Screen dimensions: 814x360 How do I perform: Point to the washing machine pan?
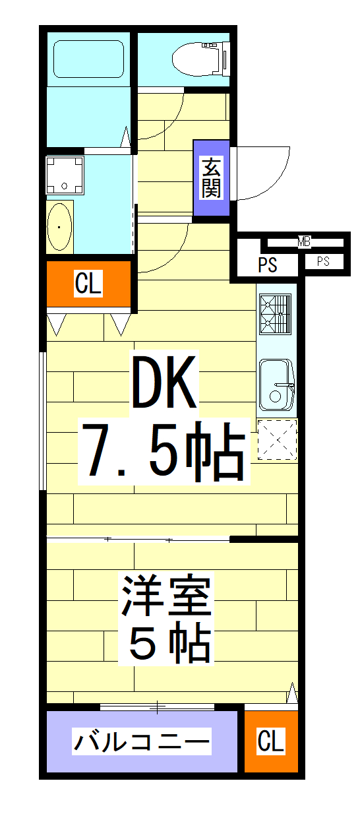(x=64, y=174)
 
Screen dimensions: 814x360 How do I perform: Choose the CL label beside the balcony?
(x=271, y=741)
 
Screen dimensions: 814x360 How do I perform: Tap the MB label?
(x=303, y=242)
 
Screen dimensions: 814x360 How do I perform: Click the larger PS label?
(x=267, y=265)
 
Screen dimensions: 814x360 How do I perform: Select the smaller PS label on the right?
(x=322, y=262)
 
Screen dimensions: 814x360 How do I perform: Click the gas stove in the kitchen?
(x=276, y=314)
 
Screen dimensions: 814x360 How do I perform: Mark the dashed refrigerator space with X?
(x=277, y=439)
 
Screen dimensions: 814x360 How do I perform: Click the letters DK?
(x=164, y=383)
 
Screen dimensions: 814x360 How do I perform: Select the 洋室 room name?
(x=164, y=596)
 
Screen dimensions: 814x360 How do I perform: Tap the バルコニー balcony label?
(x=141, y=742)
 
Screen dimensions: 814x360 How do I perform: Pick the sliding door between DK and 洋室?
(x=138, y=540)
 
